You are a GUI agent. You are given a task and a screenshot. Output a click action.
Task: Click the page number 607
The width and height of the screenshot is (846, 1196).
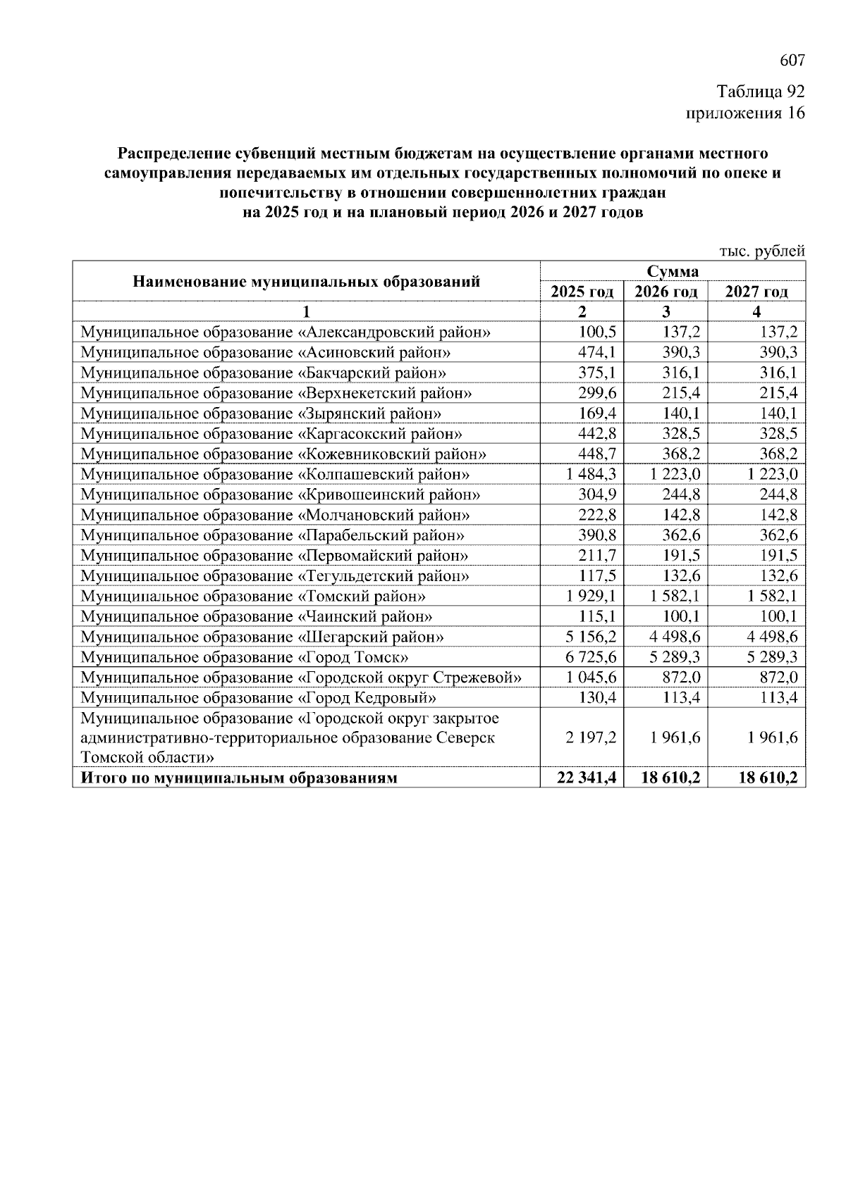coord(792,61)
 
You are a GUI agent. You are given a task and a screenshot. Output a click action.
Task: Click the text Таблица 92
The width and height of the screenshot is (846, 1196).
coord(760,92)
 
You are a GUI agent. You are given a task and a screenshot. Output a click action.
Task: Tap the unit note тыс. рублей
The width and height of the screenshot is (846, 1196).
coord(761,251)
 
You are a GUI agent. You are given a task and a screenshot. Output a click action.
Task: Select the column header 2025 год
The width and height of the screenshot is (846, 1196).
coord(582,292)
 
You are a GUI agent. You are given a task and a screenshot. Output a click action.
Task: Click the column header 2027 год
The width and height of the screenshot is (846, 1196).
coord(756,292)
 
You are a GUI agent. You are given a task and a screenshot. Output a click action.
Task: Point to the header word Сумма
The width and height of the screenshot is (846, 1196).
coord(672,272)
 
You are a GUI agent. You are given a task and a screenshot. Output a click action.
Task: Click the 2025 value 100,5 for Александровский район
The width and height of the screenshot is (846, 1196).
coord(597,332)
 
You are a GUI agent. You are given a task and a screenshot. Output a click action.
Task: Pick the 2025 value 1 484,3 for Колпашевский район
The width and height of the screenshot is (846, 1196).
coord(591,475)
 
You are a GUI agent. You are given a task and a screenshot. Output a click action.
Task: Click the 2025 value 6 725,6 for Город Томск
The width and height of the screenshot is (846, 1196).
coord(591,658)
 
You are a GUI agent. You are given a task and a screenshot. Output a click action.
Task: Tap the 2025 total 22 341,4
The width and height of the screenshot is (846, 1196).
coord(586,778)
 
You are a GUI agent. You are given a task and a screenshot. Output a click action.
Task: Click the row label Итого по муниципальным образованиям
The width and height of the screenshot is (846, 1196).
coord(240,778)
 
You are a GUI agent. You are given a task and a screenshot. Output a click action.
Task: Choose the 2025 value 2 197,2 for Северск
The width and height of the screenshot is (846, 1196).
coord(591,737)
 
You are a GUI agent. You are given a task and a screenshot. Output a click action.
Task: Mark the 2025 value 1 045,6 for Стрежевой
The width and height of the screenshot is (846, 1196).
coord(591,678)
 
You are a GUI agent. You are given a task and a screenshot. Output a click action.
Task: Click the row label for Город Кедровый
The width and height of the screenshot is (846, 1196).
coord(258,699)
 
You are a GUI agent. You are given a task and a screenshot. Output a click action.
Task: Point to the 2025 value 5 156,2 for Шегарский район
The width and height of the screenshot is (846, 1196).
coord(591,637)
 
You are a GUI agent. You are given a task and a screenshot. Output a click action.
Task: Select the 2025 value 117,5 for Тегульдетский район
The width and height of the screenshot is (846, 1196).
coord(597,576)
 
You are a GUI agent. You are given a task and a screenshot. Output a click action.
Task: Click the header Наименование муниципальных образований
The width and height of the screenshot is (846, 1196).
coord(306,282)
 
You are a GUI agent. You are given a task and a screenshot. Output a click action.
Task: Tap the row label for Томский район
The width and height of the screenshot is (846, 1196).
coord(253,597)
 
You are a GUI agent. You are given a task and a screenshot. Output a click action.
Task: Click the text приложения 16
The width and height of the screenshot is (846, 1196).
coord(745,113)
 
